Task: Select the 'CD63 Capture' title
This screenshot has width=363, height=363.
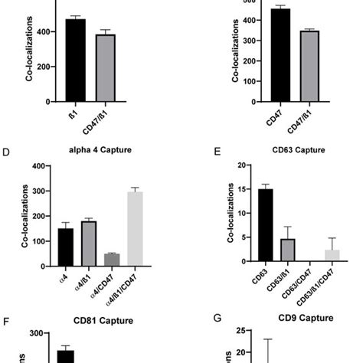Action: (x=288, y=152)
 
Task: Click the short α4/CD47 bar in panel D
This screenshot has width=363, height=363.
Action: (x=112, y=260)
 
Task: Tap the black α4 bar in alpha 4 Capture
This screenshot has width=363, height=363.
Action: (x=66, y=247)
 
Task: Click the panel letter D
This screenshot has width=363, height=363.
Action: (x=6, y=152)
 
